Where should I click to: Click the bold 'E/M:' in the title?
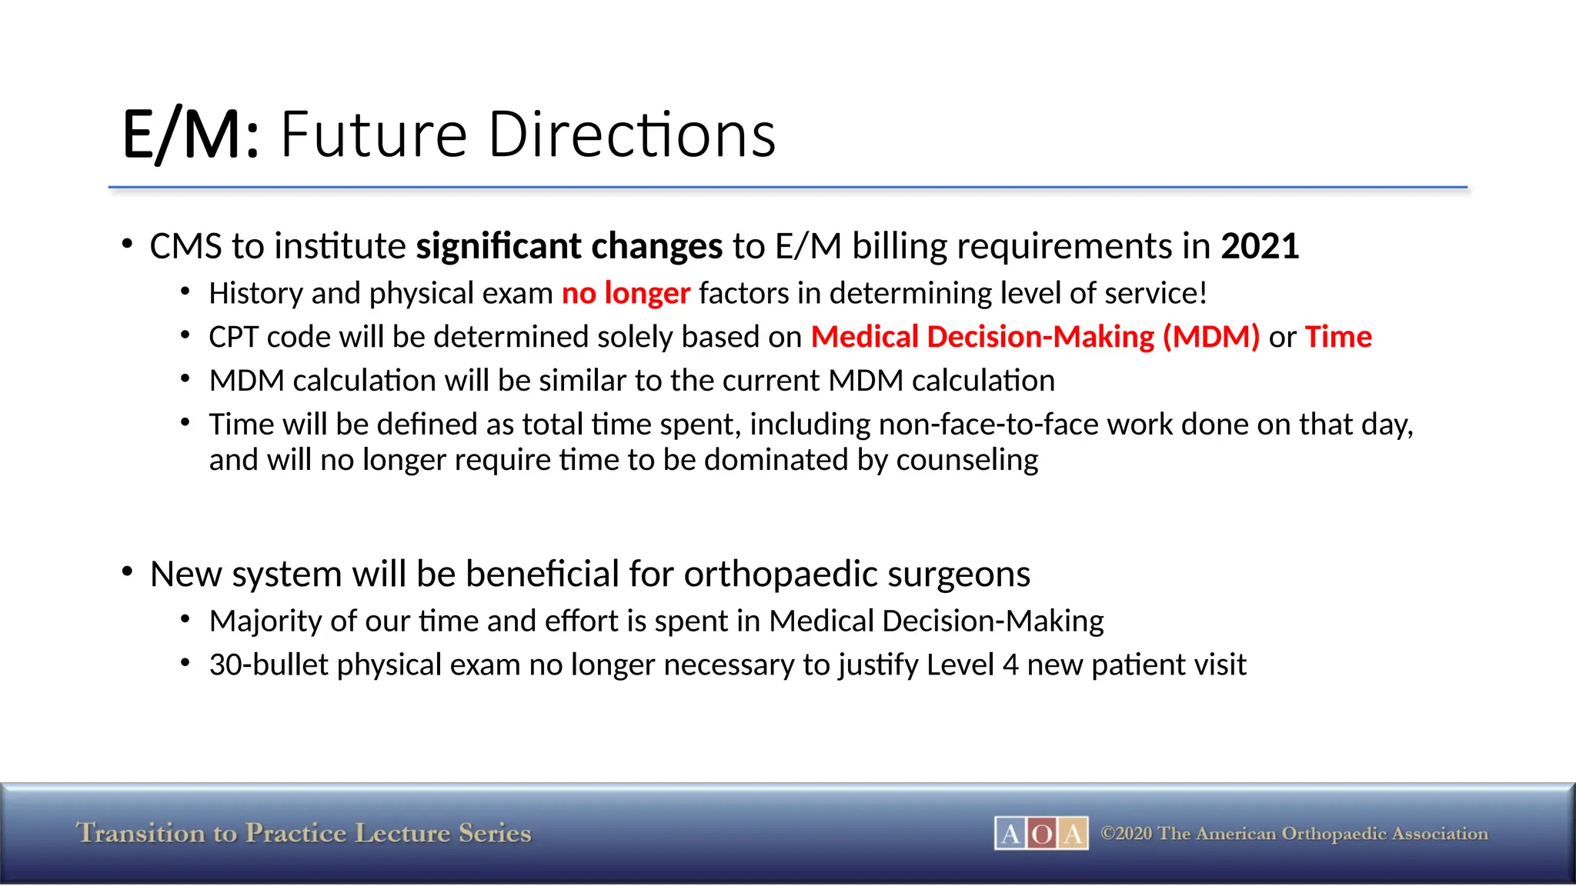[x=190, y=135]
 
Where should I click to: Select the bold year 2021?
[x=1260, y=247]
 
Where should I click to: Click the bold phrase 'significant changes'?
[x=569, y=247]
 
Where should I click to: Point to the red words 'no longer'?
[x=626, y=294]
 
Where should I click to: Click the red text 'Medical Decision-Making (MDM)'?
[x=1035, y=338]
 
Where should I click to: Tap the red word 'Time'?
[x=1338, y=338]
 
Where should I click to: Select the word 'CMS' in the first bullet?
[x=185, y=247]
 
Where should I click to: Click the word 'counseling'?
[x=967, y=460]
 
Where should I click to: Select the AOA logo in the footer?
[x=1041, y=833]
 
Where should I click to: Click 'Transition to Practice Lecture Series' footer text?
[x=303, y=833]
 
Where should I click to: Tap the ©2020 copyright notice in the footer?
[x=1294, y=834]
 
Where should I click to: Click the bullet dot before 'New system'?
[x=128, y=571]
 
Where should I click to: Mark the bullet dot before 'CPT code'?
[x=185, y=335]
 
